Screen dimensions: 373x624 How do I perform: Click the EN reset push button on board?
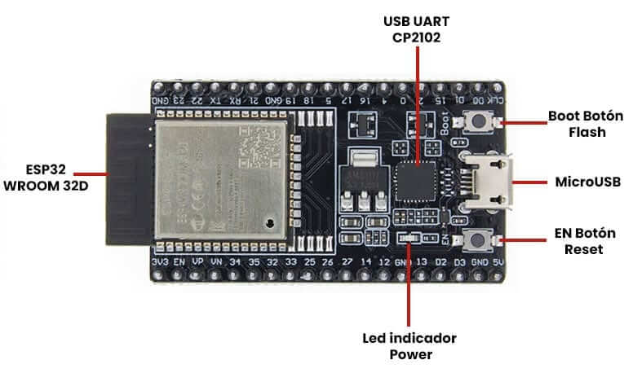477,239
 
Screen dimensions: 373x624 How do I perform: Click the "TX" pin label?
215,100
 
